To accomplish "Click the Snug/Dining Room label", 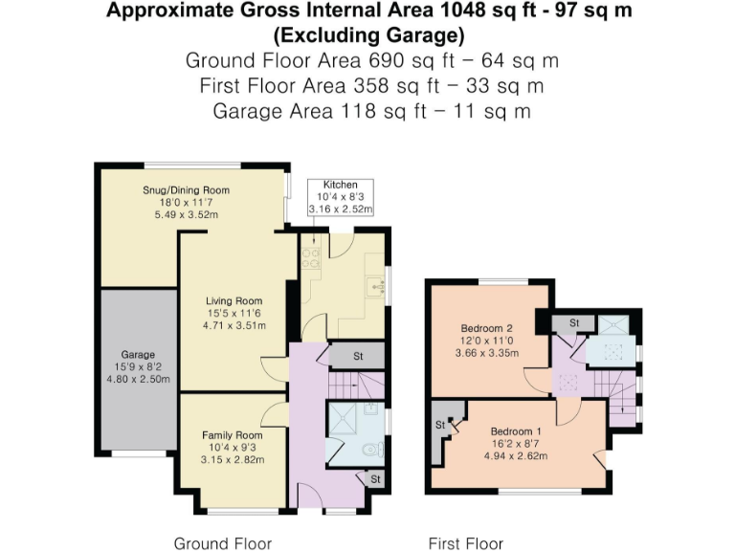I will pyautogui.click(x=193, y=190).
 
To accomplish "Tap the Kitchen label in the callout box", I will pyautogui.click(x=340, y=184).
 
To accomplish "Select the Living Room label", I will pyautogui.click(x=234, y=301).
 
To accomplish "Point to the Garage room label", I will pyautogui.click(x=137, y=354).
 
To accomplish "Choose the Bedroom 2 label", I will pyautogui.click(x=487, y=328).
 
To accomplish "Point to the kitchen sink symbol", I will pyautogui.click(x=377, y=286).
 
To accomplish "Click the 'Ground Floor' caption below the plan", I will pyautogui.click(x=222, y=543).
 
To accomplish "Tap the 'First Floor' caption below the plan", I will pyautogui.click(x=465, y=543).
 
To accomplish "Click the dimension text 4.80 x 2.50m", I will pyautogui.click(x=137, y=378).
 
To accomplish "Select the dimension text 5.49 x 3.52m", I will pyautogui.click(x=193, y=214).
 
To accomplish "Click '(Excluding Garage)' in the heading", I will pyautogui.click(x=368, y=36).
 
